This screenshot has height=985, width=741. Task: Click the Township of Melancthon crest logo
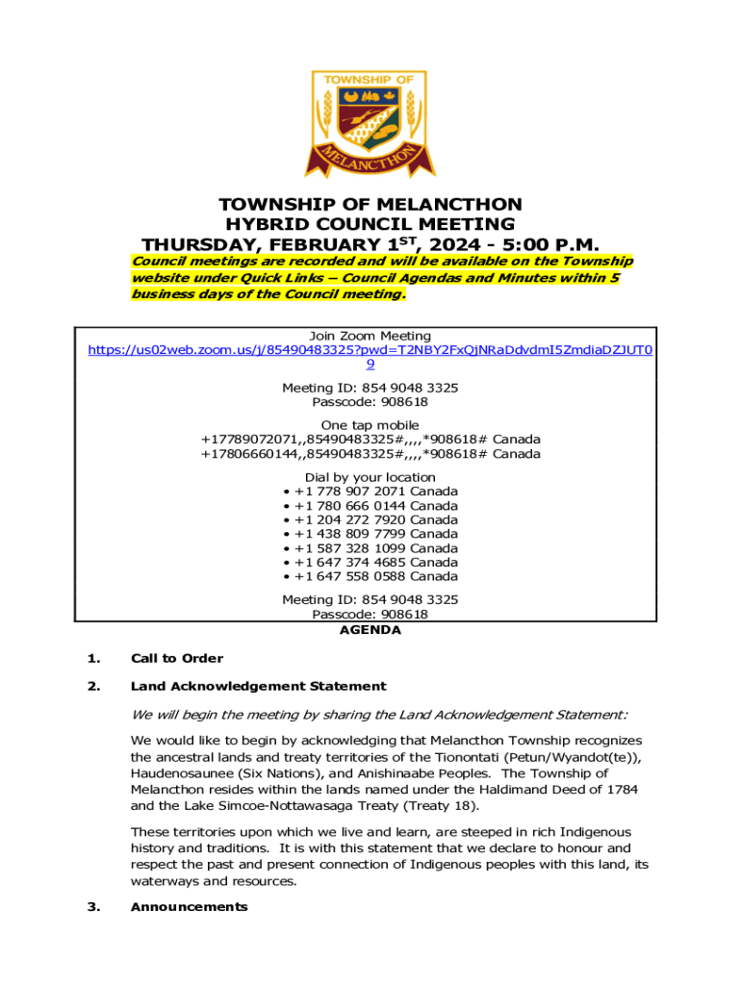click(x=370, y=123)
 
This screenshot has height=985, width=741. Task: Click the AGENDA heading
click(x=370, y=631)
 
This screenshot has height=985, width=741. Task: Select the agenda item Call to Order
click(x=176, y=659)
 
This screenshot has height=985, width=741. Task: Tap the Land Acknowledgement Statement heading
click(x=258, y=687)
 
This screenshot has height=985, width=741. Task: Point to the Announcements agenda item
click(x=189, y=907)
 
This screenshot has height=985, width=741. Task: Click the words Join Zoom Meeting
click(x=370, y=336)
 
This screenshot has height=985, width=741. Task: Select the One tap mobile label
click(x=370, y=425)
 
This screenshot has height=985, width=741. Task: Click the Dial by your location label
click(x=370, y=477)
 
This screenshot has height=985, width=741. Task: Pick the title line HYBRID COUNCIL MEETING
click(x=370, y=224)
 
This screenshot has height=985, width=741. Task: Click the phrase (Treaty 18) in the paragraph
click(x=443, y=805)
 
